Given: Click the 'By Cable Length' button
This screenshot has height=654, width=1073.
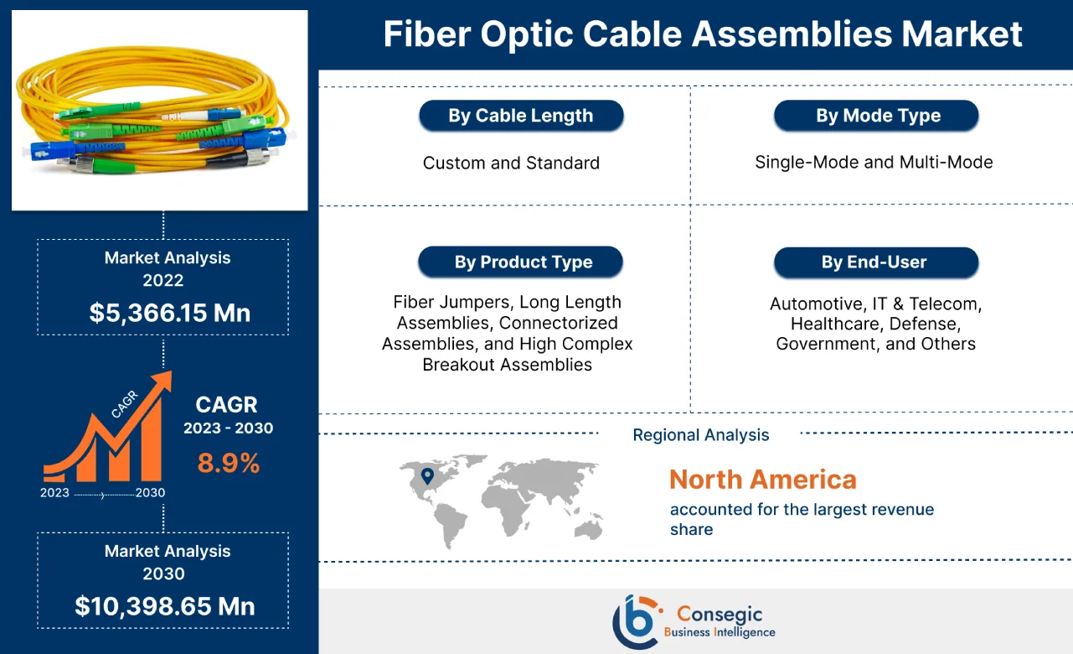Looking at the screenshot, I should tap(520, 116).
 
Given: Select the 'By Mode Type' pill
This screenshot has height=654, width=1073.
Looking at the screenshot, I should tap(877, 116).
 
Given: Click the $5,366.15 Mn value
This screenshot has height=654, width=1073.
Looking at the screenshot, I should tap(169, 313).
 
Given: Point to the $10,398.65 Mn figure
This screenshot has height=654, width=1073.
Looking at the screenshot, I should tap(164, 605).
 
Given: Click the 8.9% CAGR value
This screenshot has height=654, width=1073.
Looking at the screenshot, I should tap(228, 462).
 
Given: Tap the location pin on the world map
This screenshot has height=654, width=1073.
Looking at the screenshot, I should tap(427, 476).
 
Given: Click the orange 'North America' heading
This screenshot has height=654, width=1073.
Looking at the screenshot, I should tap(762, 480).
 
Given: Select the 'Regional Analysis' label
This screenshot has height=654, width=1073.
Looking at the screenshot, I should tap(700, 434).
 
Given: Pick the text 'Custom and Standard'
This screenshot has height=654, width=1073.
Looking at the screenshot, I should tap(511, 163).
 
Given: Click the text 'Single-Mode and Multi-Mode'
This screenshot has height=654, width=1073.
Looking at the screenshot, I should tap(874, 162).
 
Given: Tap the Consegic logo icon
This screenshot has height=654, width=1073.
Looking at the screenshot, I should tap(634, 620).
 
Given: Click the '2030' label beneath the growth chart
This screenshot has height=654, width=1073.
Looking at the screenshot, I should tap(150, 492).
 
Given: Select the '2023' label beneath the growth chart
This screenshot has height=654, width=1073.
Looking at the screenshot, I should tap(54, 492).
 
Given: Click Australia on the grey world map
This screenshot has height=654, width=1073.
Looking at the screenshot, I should tap(590, 527).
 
